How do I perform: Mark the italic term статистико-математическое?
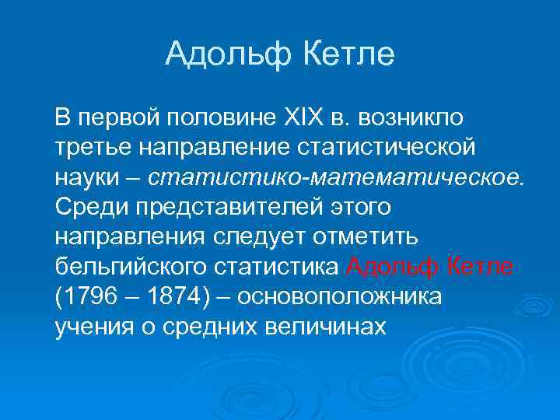pyautogui.click(x=337, y=177)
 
